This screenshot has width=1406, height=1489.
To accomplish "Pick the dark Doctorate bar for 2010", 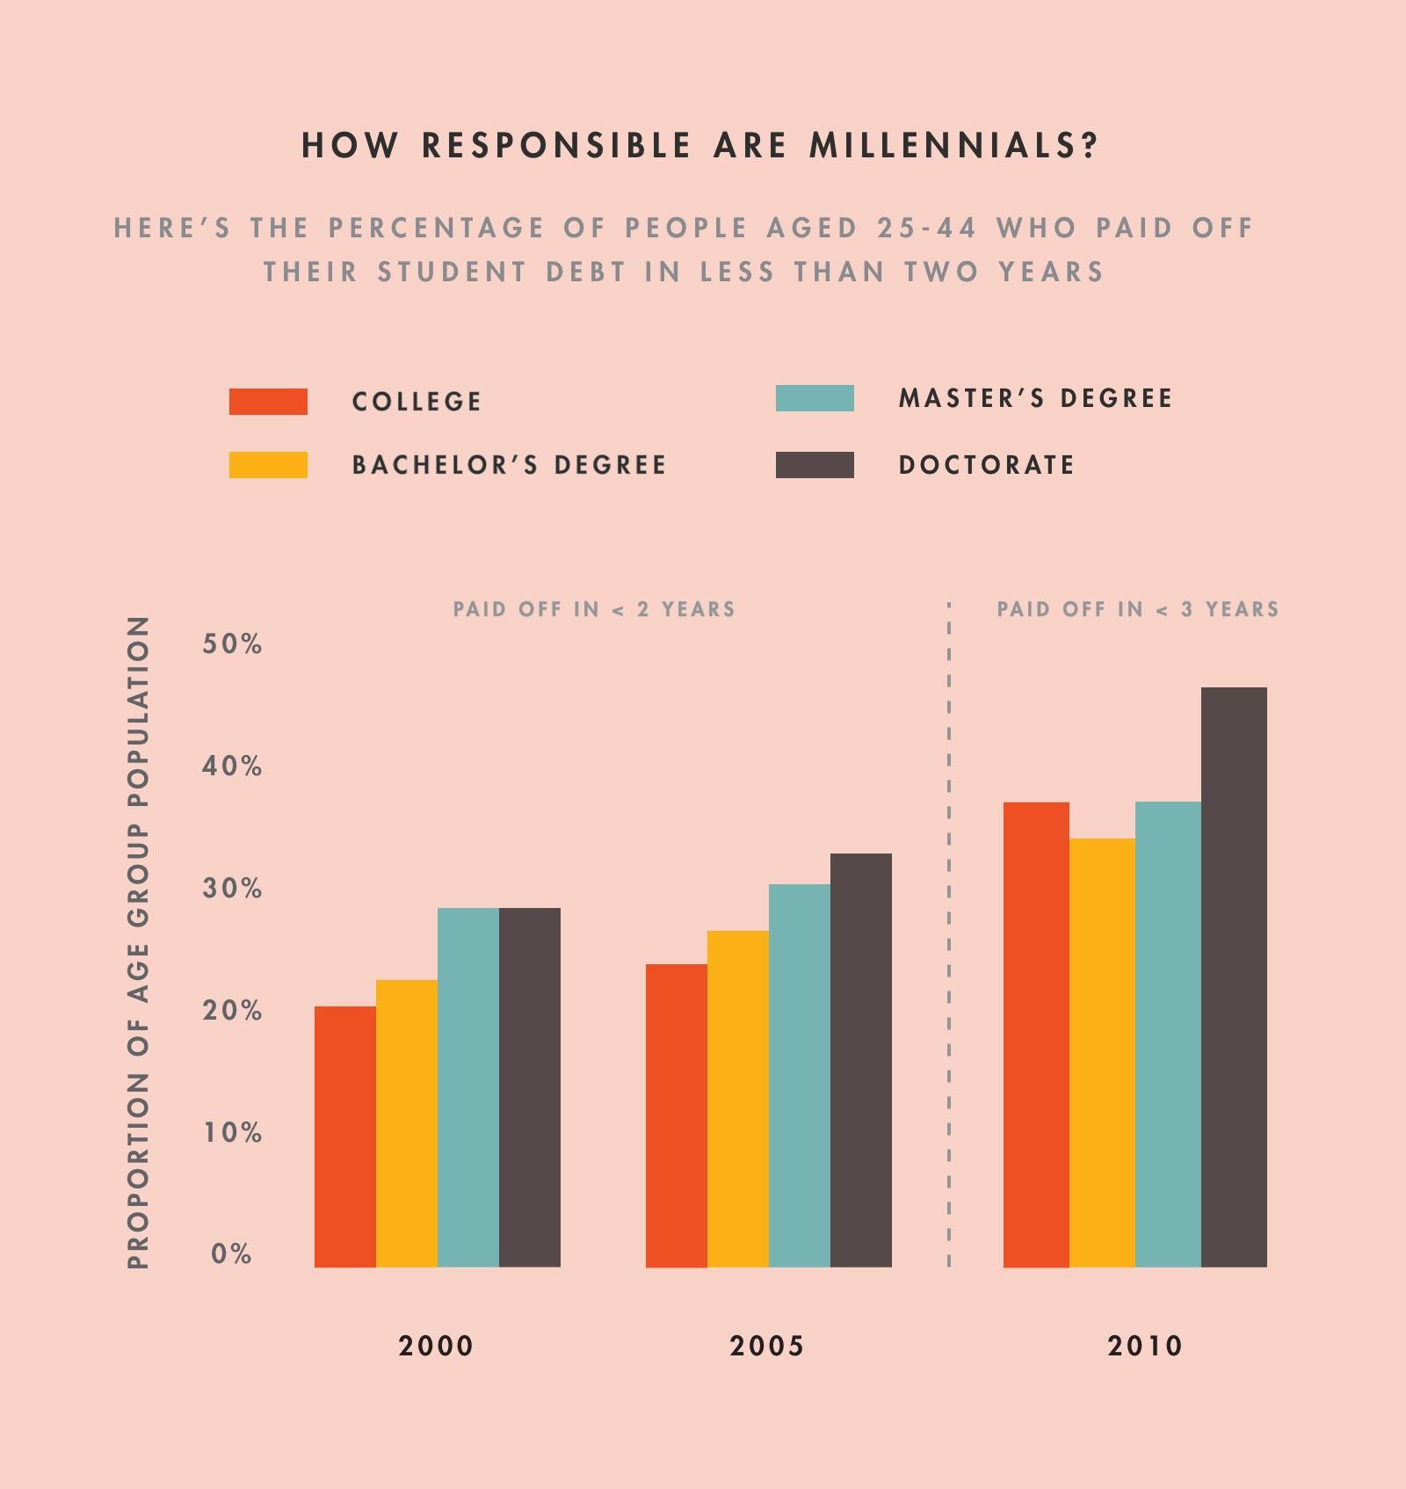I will (1234, 977).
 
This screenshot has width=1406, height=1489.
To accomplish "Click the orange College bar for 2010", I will (1036, 1035).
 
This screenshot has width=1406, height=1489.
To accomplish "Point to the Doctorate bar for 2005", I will (861, 1060).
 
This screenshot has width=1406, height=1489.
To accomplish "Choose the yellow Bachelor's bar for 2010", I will (1102, 1052).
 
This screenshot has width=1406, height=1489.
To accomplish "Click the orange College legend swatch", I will (268, 402).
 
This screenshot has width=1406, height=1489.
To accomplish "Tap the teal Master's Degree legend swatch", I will (815, 398).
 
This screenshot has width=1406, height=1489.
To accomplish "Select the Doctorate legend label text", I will (986, 465).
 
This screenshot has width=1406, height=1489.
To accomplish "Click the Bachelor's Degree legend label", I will (509, 465).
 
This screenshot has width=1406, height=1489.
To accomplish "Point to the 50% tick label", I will (232, 644).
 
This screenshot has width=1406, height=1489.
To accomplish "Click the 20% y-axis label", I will (232, 1011).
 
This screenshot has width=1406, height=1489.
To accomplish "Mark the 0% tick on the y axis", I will (231, 1254).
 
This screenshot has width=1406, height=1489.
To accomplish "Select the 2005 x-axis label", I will (767, 1346).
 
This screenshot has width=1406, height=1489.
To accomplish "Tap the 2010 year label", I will (1145, 1346).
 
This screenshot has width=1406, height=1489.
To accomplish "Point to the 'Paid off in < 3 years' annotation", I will (1137, 609).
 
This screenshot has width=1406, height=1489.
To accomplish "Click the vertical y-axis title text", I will (139, 941).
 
